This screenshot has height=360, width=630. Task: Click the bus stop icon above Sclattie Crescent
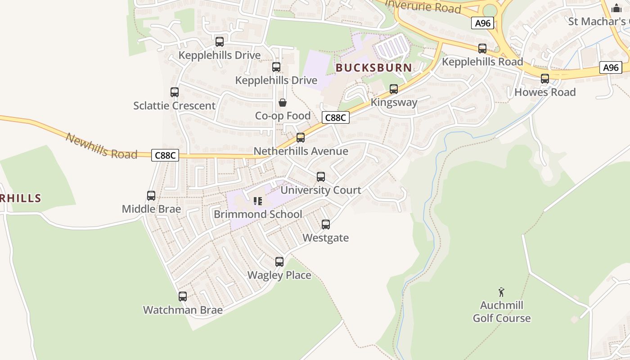[175, 92]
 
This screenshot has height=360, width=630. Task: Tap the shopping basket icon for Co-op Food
[283, 103]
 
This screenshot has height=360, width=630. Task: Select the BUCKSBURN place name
[373, 68]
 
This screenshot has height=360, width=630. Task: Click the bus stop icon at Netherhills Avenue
[301, 138]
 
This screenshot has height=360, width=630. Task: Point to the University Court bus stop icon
[321, 177]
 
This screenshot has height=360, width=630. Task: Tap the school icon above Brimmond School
[258, 201]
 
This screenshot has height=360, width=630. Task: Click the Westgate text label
[325, 238]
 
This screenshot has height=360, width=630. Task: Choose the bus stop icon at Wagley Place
[279, 262]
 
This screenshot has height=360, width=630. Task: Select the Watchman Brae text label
[183, 310]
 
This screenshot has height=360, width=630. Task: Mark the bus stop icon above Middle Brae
[151, 196]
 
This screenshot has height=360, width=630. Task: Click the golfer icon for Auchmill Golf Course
[501, 292]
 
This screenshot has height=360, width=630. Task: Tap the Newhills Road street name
[101, 146]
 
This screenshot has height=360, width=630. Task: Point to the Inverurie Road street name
[423, 6]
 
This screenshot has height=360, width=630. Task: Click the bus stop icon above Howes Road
[545, 79]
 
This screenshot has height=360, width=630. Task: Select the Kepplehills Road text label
[482, 62]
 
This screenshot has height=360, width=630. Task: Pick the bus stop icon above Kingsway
[394, 89]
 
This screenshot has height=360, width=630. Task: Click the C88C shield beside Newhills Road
[165, 155]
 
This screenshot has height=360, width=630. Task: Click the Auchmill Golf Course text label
[501, 312]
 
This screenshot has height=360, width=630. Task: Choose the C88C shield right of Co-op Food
[336, 117]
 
